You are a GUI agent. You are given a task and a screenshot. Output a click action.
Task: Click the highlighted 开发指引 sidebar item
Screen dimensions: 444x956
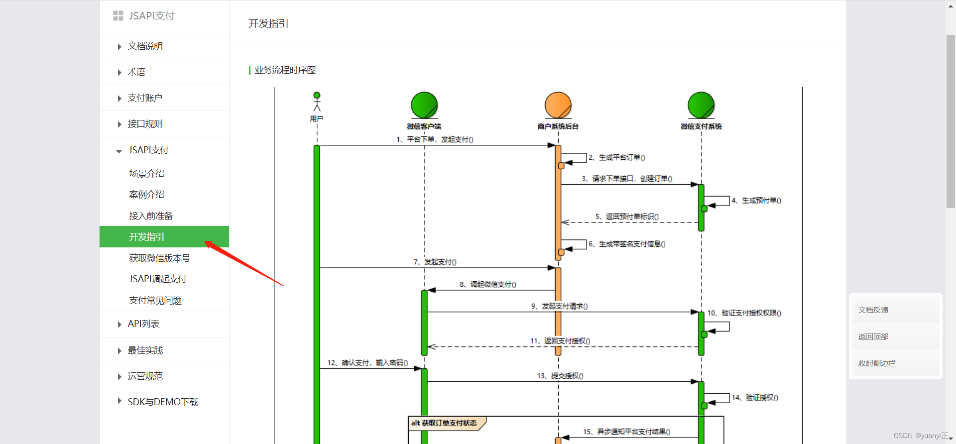click(146, 237)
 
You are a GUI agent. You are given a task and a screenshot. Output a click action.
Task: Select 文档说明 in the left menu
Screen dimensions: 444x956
click(145, 46)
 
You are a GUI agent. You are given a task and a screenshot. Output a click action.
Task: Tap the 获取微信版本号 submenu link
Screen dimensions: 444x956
click(159, 258)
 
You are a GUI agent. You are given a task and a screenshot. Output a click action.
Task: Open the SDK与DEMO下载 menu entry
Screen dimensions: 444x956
click(163, 402)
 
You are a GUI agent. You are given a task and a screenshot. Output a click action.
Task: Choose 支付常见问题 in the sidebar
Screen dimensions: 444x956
click(155, 301)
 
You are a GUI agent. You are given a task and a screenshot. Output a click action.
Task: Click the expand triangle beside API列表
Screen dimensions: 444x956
click(119, 325)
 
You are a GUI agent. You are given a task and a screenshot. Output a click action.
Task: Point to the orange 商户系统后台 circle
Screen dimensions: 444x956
click(558, 105)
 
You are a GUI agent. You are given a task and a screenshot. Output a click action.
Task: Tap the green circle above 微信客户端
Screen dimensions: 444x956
click(424, 105)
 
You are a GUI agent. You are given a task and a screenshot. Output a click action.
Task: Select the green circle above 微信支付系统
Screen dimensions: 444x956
click(701, 105)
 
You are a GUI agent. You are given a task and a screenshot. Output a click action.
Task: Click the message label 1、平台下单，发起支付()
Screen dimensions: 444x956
click(435, 139)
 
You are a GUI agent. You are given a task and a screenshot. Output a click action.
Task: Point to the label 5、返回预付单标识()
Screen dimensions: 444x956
click(627, 217)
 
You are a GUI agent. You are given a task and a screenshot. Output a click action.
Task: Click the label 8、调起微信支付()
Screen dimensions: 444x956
click(488, 284)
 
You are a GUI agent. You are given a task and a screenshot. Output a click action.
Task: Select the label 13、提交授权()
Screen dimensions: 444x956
click(560, 376)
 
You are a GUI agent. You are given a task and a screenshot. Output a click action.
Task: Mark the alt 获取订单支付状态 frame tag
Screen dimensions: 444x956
click(444, 423)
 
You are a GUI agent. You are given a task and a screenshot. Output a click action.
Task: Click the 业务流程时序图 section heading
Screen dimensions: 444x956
click(285, 70)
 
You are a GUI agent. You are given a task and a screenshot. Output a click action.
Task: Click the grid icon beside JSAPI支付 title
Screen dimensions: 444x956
click(118, 16)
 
